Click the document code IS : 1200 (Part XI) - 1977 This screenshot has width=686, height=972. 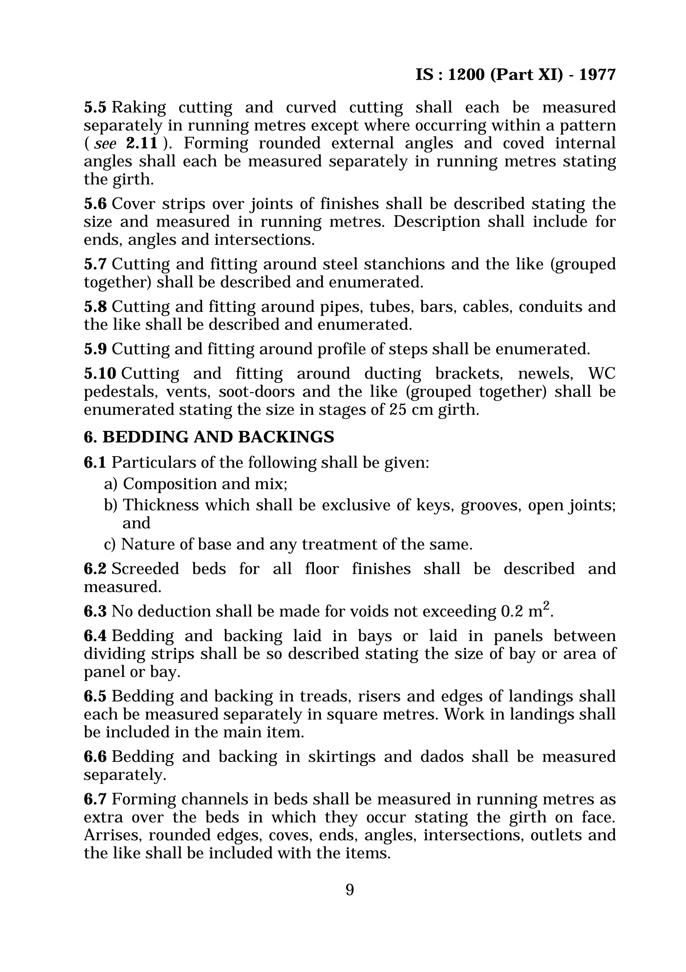point(516,75)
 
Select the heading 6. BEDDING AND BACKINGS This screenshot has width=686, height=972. point(209,437)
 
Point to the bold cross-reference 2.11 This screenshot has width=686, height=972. point(142,143)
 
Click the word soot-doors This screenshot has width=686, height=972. point(257,392)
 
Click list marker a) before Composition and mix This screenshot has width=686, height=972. point(111,484)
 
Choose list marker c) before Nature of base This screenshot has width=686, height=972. point(110,544)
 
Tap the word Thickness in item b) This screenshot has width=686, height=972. point(161,505)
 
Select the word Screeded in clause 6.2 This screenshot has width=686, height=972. point(145,569)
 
